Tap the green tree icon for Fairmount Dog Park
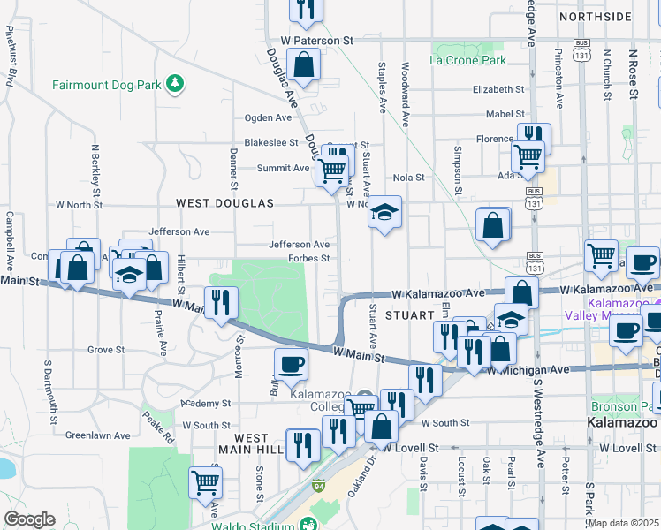pos(177,84)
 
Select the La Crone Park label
pos(468,60)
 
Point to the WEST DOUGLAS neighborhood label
pos(225,203)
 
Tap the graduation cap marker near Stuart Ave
pos(384,212)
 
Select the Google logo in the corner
pos(29,519)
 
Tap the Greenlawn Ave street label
pos(97,435)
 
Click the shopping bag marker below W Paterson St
pos(303,64)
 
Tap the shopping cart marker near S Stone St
pos(205,482)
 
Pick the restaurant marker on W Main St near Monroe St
pos(221,302)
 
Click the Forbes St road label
pos(308,259)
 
